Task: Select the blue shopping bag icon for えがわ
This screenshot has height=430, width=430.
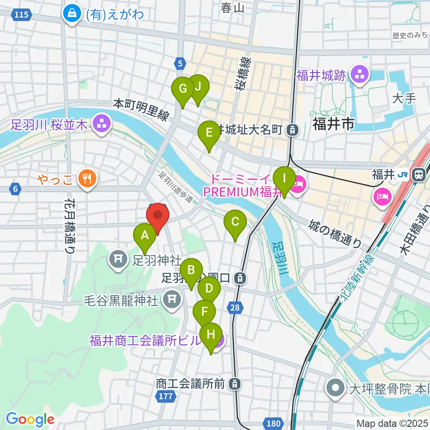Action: [x=72, y=13]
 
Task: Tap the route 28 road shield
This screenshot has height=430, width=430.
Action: [x=236, y=307]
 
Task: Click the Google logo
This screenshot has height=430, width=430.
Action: [x=30, y=419]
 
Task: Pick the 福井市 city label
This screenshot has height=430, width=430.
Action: [x=333, y=123]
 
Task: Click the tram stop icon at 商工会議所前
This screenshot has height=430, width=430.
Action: [x=234, y=383]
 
